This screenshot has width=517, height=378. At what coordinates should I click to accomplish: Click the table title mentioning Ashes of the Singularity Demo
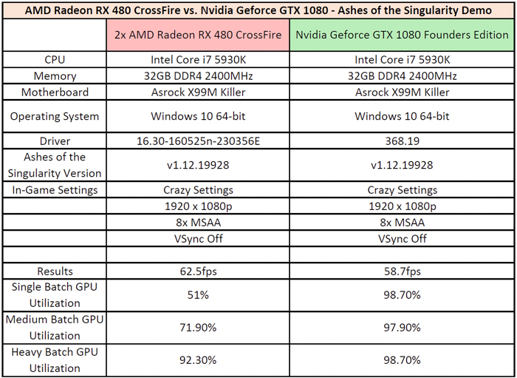point(258,10)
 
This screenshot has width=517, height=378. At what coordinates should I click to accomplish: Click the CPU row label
point(55,60)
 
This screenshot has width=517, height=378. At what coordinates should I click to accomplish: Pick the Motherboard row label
point(55,92)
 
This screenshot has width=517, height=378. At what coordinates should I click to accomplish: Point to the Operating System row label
point(55,117)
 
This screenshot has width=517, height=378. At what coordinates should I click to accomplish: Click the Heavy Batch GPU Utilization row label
point(55,360)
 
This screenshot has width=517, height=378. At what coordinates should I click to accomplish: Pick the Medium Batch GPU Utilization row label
point(55,328)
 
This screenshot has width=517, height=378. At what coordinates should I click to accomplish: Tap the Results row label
point(55,271)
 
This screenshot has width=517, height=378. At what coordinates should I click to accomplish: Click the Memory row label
point(55,76)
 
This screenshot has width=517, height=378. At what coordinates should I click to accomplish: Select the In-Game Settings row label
point(55,190)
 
